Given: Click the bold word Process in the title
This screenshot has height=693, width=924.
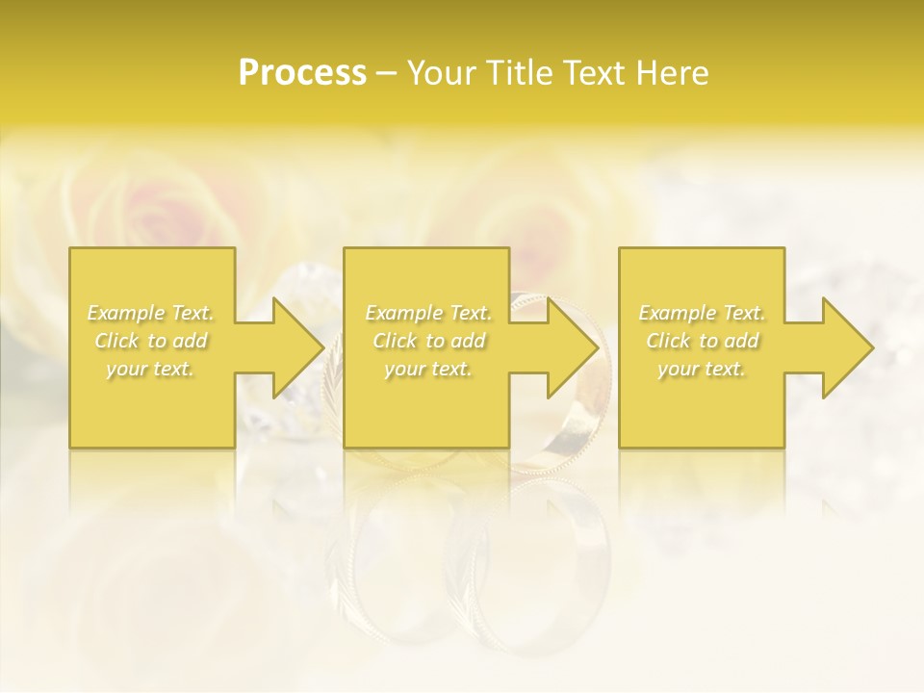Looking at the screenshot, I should (x=302, y=73).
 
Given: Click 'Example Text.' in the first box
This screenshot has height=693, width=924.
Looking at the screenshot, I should (x=151, y=313).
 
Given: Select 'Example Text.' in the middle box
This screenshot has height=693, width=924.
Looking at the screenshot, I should (x=428, y=313).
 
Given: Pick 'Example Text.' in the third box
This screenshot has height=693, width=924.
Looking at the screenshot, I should (x=702, y=313).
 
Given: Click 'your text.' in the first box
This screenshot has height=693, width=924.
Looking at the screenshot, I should (x=151, y=369).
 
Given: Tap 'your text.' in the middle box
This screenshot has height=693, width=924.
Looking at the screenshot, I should (x=428, y=369).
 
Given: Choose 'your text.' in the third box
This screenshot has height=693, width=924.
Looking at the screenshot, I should (x=702, y=369).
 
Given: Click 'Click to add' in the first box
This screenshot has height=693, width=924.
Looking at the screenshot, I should (x=151, y=341).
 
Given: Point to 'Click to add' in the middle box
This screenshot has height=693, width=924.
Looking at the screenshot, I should (x=428, y=341).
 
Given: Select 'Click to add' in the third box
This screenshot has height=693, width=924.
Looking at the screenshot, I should (x=702, y=341).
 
